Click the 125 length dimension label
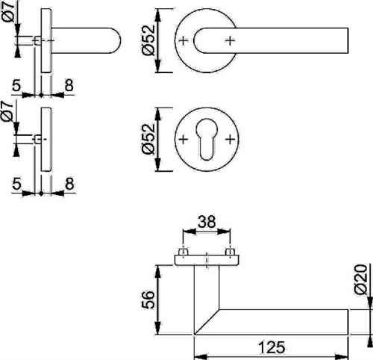click(272, 347)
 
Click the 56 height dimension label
click(148, 300)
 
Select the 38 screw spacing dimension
click(207, 222)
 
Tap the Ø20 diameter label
click(361, 279)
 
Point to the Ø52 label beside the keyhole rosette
click(148, 139)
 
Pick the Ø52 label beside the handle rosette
click(148, 40)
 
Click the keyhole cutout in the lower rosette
click(207, 139)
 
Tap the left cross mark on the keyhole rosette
click(184, 140)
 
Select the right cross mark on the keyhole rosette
click(230, 140)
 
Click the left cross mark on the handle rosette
click(184, 40)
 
